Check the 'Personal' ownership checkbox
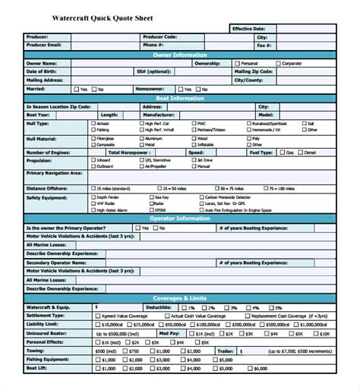[x=235, y=64]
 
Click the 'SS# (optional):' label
[x=153, y=71]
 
